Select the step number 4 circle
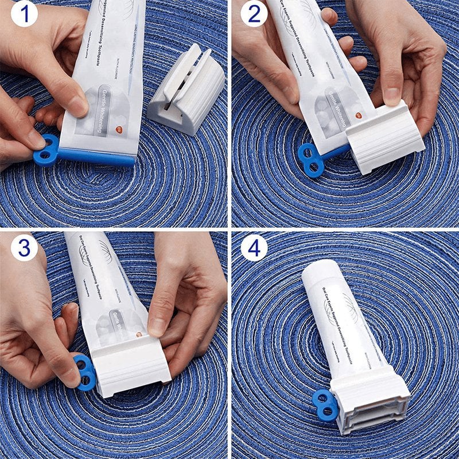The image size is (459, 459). click(x=253, y=247)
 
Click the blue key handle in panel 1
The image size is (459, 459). click(x=46, y=150)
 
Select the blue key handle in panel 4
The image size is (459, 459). click(x=324, y=403)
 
